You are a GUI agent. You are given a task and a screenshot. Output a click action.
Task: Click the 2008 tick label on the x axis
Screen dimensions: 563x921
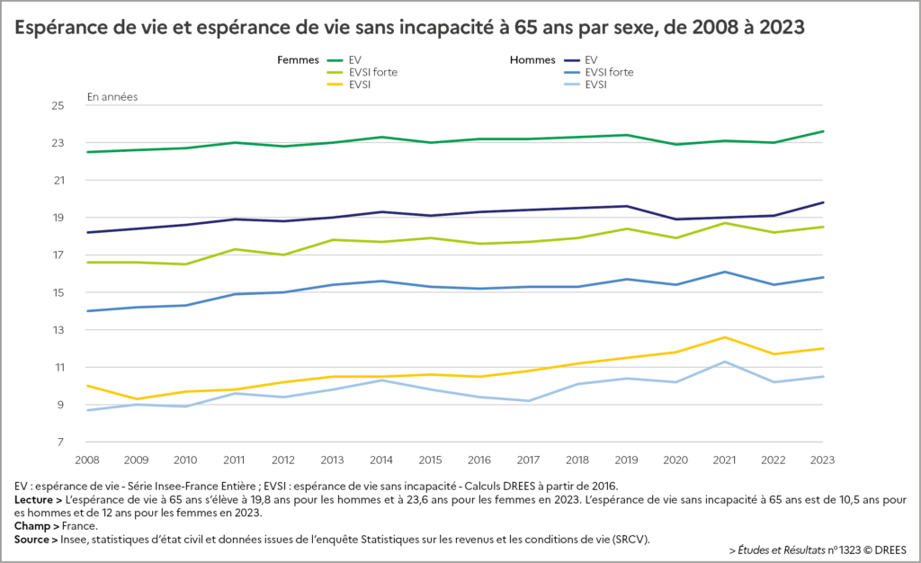87,459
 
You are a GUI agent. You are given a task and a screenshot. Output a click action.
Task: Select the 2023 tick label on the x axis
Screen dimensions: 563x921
822,459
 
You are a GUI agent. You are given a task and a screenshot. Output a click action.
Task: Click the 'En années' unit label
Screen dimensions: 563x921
112,96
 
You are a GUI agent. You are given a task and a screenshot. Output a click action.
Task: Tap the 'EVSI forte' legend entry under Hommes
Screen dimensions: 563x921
609,73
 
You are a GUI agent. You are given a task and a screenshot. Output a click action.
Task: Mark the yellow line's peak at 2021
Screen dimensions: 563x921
725,337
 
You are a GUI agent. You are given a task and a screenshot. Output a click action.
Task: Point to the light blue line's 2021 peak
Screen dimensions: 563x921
725,362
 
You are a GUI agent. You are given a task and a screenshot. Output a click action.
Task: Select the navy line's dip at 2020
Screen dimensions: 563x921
676,219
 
